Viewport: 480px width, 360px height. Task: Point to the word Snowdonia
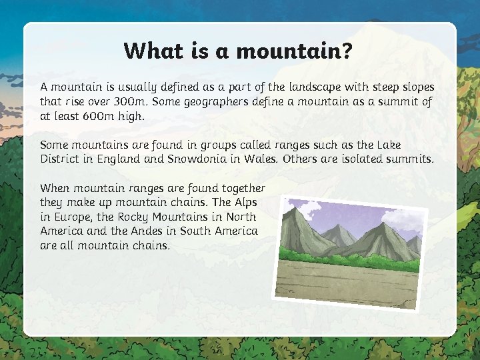coord(196,159)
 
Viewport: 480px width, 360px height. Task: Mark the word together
coord(241,189)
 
